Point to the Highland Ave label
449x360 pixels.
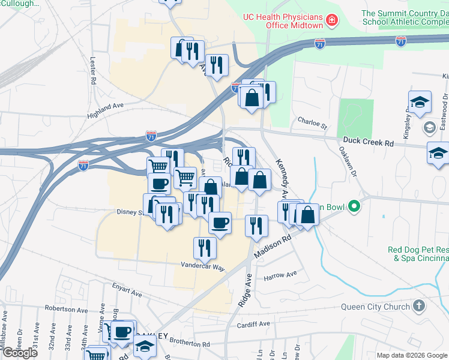104,106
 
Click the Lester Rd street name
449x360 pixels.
94,70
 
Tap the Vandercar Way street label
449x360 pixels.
203,265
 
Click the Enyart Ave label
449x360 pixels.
125,292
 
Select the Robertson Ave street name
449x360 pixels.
66,310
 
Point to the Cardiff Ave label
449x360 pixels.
253,324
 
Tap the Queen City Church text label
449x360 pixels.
375,307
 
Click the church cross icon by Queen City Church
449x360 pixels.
419,307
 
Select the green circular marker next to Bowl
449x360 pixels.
354,208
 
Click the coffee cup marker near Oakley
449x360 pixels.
122,332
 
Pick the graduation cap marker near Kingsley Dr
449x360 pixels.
420,101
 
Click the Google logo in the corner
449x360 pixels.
20,352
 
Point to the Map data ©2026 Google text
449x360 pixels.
412,355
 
